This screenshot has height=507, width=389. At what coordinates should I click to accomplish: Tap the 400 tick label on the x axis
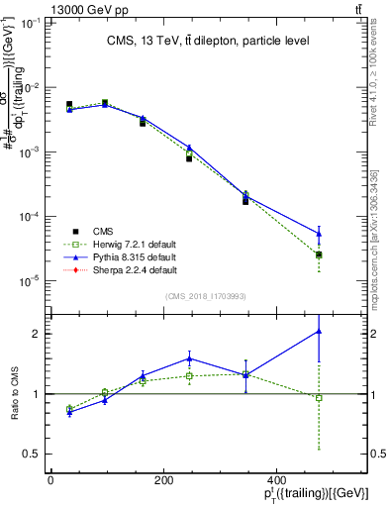(x=318, y=479)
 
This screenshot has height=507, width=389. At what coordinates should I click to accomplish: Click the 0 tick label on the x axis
(x=50, y=479)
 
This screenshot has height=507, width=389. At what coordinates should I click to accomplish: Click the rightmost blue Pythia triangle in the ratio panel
(x=319, y=331)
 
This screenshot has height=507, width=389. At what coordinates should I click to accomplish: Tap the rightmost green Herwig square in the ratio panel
(x=319, y=398)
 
